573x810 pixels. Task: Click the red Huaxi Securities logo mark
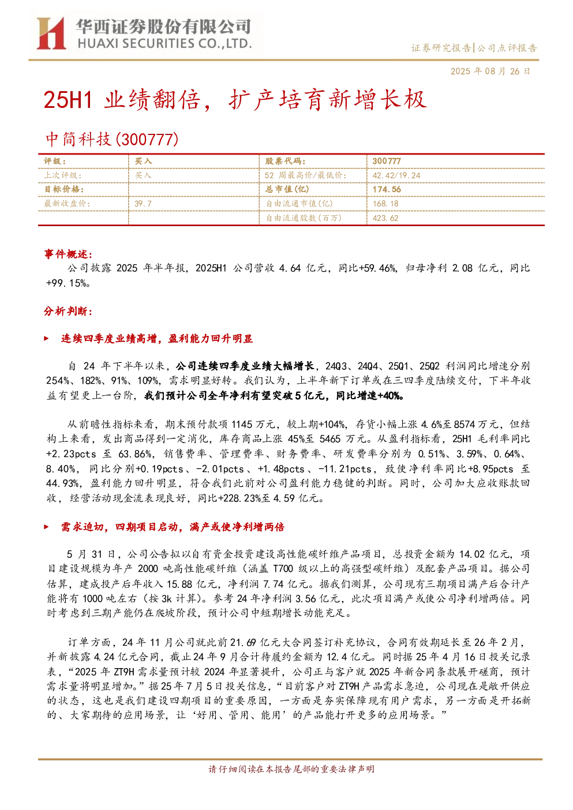51,33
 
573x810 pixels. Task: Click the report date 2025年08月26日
490,71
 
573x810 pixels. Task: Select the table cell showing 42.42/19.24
396,175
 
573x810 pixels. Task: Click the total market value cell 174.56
387,189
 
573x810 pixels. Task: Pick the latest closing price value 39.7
143,204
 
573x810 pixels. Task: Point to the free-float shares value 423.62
385,218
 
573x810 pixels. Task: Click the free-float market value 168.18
385,204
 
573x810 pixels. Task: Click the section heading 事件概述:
68,254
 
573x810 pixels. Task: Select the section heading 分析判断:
68,311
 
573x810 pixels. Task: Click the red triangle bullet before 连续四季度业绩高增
46,339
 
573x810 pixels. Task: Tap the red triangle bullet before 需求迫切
46,527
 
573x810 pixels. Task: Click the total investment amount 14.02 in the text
471,554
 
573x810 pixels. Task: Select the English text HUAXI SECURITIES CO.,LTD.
164,44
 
